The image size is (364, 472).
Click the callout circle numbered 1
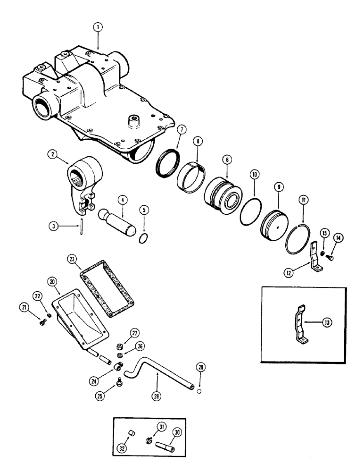tap(98, 28)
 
